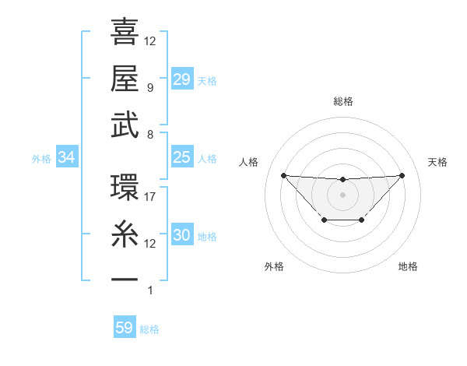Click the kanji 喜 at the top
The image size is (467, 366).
tap(125, 32)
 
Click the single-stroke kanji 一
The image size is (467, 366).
tap(125, 279)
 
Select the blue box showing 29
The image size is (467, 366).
tap(182, 79)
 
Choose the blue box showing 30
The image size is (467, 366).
tap(182, 236)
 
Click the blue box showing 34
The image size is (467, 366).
tap(67, 158)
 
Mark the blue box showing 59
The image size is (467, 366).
tap(125, 328)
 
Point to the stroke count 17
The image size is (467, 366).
tap(150, 197)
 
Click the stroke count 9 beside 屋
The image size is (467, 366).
tap(150, 88)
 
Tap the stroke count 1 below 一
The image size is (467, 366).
tap(150, 290)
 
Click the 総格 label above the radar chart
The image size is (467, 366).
tap(342, 102)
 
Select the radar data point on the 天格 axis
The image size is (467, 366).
tap(402, 175)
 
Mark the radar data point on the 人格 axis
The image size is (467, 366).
tap(283, 175)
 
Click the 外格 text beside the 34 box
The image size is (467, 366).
tap(41, 159)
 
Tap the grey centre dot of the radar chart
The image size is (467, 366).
tap(342, 194)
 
